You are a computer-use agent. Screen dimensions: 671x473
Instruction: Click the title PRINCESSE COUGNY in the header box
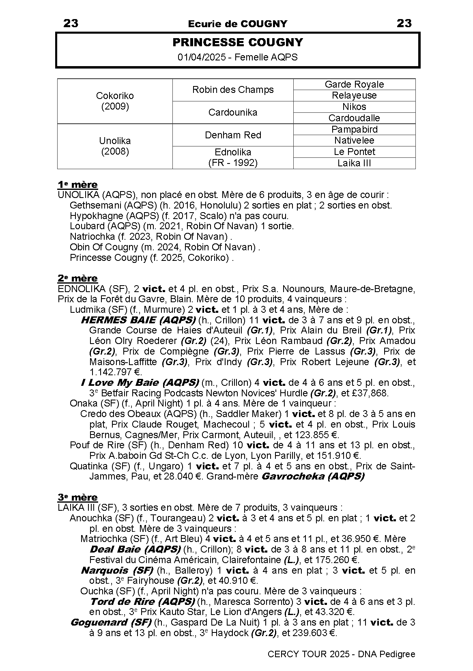coord(237,43)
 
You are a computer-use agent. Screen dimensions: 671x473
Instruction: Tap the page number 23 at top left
coord(71,24)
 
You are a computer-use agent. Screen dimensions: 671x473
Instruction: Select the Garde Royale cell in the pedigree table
coord(354,84)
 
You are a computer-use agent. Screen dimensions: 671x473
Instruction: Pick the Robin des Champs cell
coord(233,90)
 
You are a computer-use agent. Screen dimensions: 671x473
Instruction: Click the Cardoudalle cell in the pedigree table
coord(354,118)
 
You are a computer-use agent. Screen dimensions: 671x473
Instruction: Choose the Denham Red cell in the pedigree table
coord(233,135)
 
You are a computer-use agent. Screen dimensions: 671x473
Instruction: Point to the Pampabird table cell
coord(354,129)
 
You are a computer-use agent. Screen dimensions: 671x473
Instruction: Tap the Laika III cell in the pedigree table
coord(354,163)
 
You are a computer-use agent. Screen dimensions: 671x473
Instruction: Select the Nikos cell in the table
coord(354,107)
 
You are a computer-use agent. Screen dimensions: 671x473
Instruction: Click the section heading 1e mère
coord(77,185)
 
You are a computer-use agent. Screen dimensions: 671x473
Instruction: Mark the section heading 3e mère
coord(77,497)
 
